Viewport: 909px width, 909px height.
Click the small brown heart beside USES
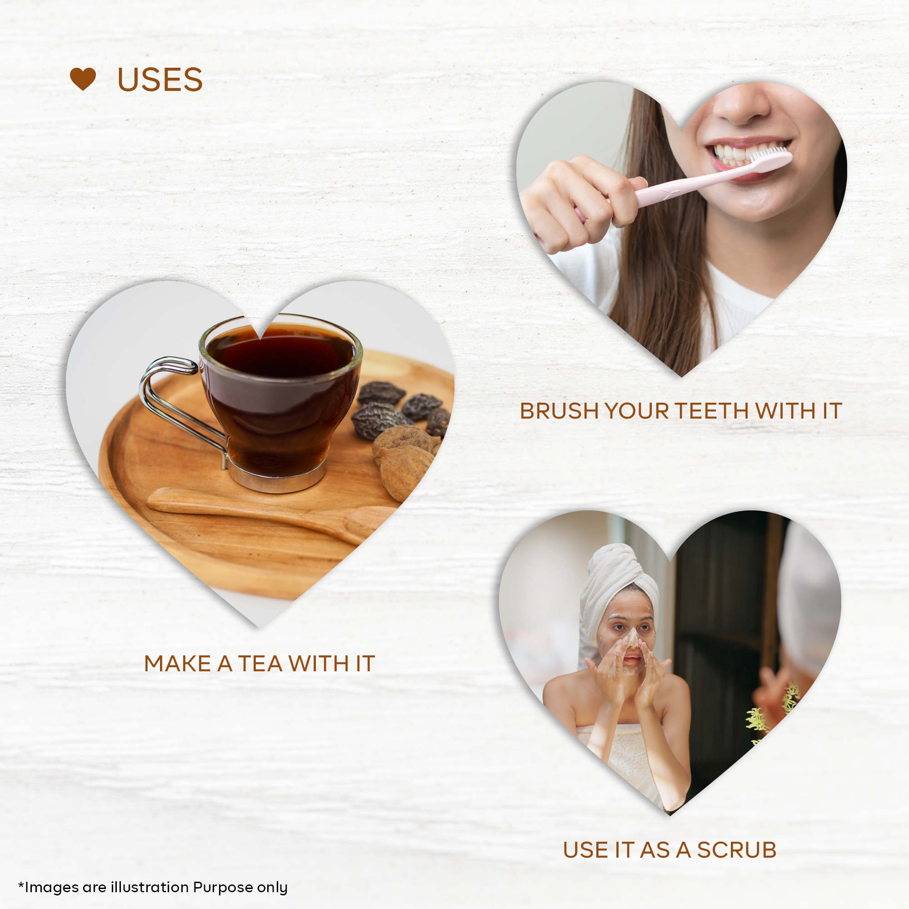coord(83,79)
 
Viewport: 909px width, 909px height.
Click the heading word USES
coord(160,80)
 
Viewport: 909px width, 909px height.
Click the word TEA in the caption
coord(260,664)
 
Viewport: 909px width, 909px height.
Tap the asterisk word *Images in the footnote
coord(48,887)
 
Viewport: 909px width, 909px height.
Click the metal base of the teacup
coord(277,477)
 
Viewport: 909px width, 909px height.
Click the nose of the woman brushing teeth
coord(742,105)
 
